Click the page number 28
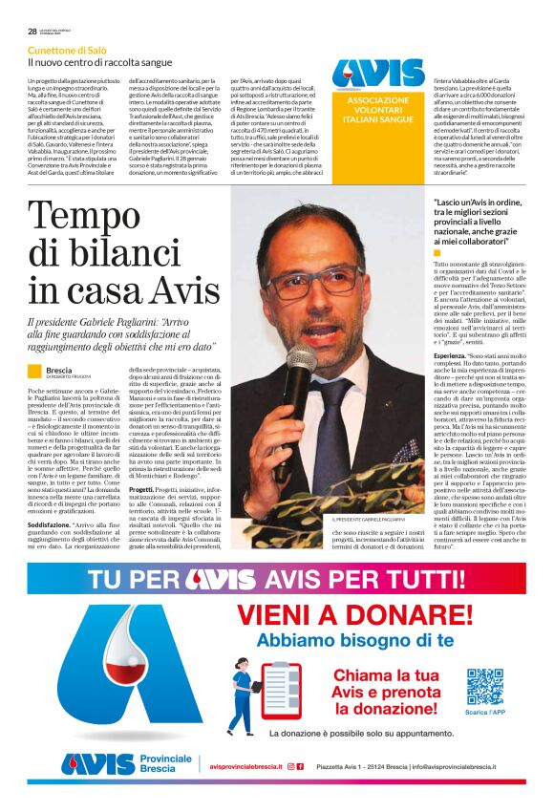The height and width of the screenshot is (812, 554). point(32,31)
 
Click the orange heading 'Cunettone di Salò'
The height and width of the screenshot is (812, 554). point(68,50)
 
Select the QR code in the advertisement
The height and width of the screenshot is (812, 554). point(485,685)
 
